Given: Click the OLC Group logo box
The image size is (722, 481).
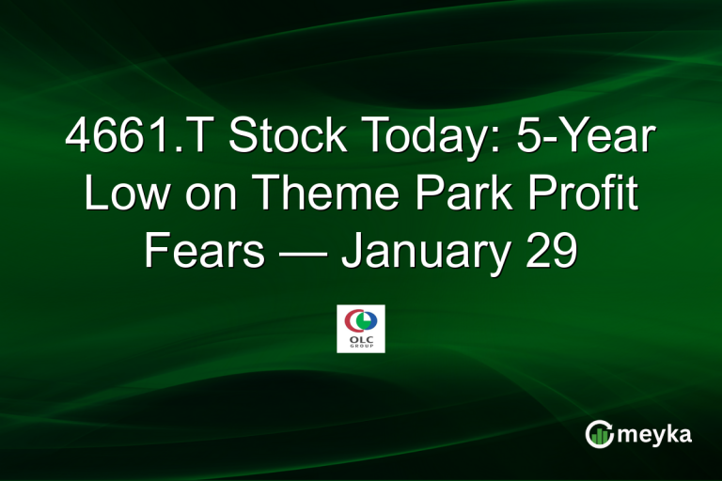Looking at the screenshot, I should pyautogui.click(x=361, y=328).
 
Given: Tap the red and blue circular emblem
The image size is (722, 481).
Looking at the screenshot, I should pyautogui.click(x=361, y=318).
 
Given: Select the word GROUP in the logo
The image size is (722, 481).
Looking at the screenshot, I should pyautogui.click(x=361, y=345).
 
